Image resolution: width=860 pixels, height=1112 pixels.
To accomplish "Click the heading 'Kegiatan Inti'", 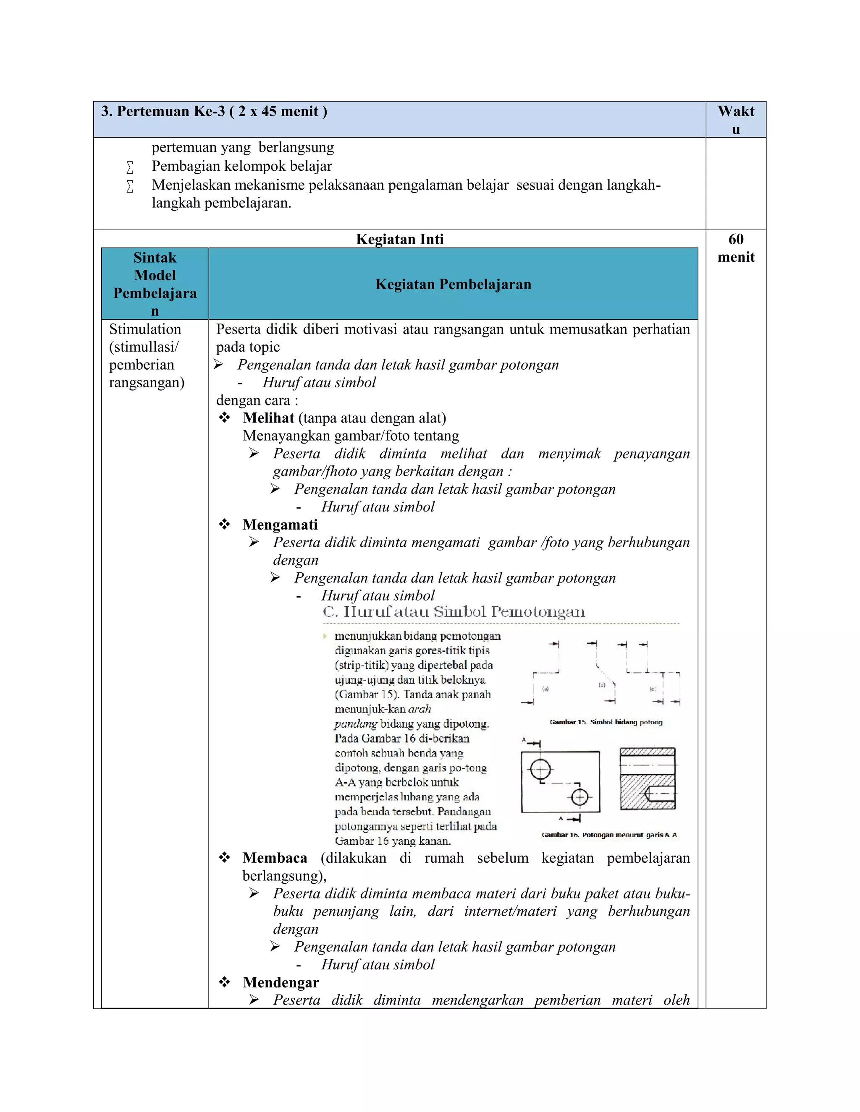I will point(399,239).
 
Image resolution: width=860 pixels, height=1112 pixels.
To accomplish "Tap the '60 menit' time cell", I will point(736,248).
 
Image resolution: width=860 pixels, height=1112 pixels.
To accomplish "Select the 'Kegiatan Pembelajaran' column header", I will point(453,284).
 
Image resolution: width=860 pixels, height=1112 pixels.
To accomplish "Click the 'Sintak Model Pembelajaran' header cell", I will point(155,284).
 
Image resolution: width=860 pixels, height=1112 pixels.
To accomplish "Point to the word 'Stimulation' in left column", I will point(145,329).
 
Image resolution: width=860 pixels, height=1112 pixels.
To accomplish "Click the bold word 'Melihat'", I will point(268,418).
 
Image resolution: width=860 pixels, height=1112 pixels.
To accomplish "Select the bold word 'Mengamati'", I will point(280,525).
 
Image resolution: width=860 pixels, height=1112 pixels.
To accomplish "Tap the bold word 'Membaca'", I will point(275,858).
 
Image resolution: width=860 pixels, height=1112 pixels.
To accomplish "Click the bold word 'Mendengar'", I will point(281,982).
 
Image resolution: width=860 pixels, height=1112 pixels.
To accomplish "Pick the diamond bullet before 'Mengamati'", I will point(224,525).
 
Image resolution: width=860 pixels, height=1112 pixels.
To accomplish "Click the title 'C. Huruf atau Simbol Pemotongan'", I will point(454,611).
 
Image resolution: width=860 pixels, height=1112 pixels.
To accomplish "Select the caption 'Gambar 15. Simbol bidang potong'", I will point(606,722).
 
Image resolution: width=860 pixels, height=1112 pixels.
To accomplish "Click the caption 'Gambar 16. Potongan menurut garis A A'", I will point(609,835).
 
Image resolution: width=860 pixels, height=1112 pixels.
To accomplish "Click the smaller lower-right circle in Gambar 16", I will point(579,797).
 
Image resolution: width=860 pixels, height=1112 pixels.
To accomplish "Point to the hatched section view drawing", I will point(648,779).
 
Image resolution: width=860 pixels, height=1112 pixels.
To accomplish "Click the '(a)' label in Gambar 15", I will point(545,689).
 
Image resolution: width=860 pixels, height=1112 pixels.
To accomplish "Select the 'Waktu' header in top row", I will point(736,119).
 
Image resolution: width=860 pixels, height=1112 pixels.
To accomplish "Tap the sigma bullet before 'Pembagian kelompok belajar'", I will point(130,167).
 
